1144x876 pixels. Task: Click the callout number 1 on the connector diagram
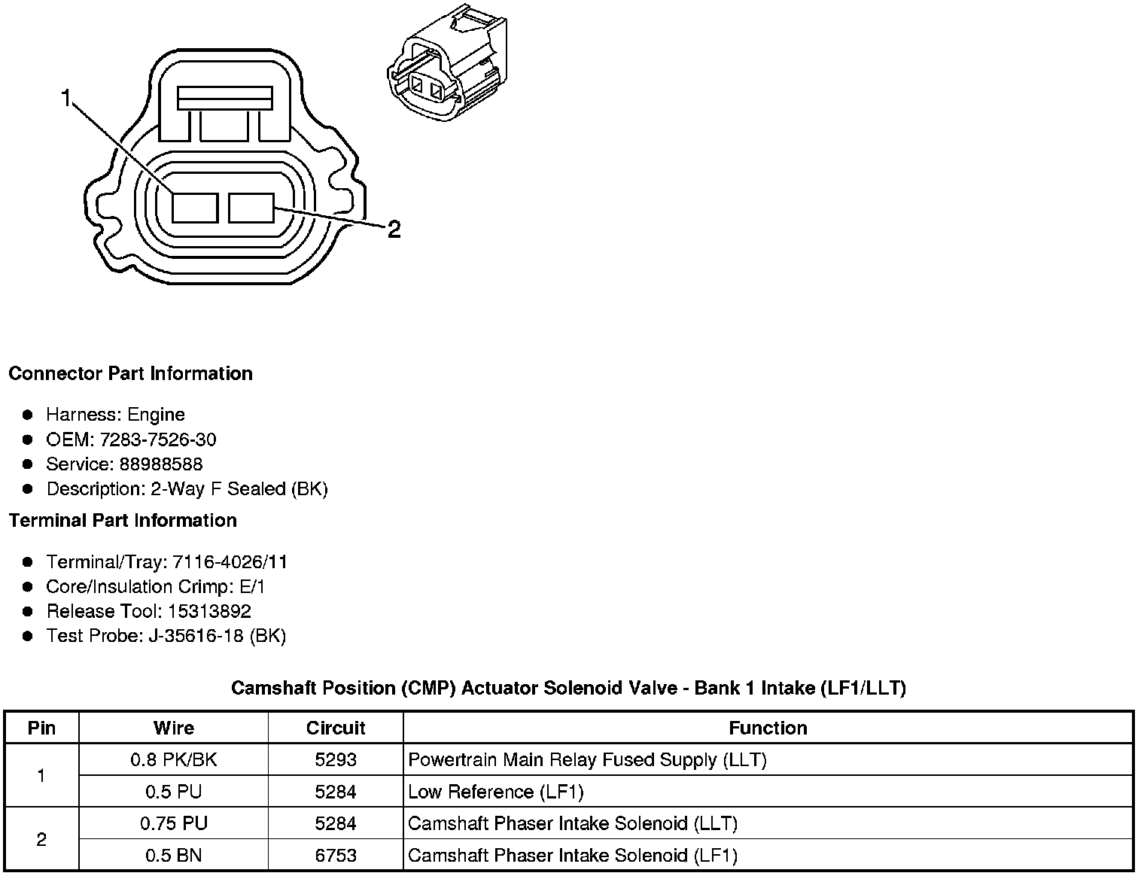[x=66, y=99]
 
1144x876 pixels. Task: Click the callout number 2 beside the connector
[x=394, y=230]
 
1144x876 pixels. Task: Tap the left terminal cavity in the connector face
[x=195, y=208]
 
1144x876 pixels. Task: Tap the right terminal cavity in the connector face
[x=251, y=208]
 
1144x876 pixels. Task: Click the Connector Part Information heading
[x=130, y=374]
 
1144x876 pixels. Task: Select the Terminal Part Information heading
[x=123, y=521]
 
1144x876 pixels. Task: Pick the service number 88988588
[x=161, y=464]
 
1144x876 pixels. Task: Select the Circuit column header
[x=336, y=728]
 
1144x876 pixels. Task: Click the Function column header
[x=768, y=728]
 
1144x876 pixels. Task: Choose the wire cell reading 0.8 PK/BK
[x=173, y=760]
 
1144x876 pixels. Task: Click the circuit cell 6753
[x=336, y=856]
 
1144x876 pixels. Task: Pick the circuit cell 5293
[x=336, y=760]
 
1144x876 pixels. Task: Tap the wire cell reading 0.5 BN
[x=173, y=856]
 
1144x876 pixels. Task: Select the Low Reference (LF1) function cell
[x=496, y=792]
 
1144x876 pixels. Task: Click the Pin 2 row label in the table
[x=41, y=839]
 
